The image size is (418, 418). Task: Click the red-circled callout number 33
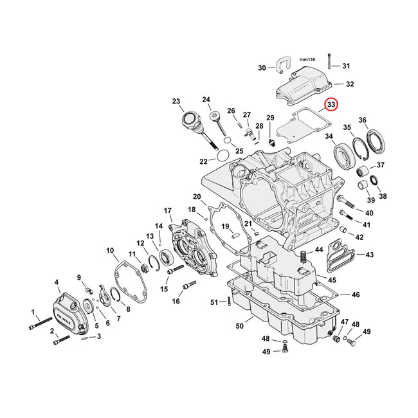point(331,104)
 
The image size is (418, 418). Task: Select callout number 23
point(176,101)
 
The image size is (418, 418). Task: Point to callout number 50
point(239,327)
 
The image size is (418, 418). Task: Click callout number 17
point(168,210)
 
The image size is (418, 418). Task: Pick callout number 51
point(215,302)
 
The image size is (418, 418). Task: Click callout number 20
point(197,196)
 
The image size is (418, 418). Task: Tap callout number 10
point(110,250)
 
